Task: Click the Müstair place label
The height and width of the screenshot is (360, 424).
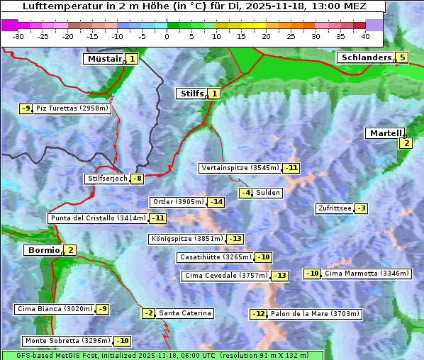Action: coord(104,59)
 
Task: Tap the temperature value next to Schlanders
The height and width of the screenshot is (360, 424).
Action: coord(402,57)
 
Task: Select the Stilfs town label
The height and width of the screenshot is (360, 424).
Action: coord(190,93)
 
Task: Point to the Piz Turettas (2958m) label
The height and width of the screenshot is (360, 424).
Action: coord(72,108)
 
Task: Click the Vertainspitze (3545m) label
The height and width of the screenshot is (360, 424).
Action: coord(240,168)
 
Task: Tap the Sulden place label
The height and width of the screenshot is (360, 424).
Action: coord(268,193)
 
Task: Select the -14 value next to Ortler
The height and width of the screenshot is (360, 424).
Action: coord(216,202)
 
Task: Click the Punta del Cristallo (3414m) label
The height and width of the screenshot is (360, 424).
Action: coord(97,218)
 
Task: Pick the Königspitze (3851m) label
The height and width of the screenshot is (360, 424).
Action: coord(186,239)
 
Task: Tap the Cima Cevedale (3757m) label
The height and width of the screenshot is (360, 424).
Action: coord(225,276)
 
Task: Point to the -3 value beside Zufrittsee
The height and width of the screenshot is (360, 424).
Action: coord(361,208)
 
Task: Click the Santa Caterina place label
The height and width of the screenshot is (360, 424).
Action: coord(184,313)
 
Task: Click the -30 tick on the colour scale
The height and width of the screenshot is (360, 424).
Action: coord(18,36)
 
